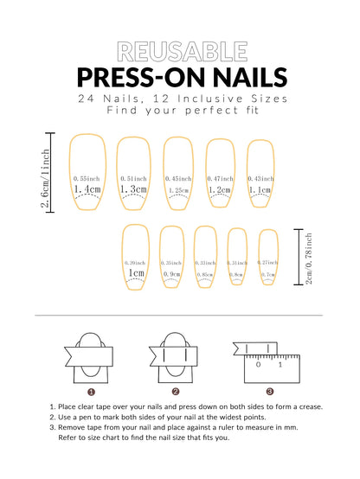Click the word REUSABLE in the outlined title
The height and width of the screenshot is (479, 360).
point(179,52)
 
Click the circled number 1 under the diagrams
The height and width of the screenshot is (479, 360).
point(91,391)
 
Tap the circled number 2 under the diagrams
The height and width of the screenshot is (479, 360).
point(176,391)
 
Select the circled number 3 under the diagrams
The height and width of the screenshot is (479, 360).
point(269,391)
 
